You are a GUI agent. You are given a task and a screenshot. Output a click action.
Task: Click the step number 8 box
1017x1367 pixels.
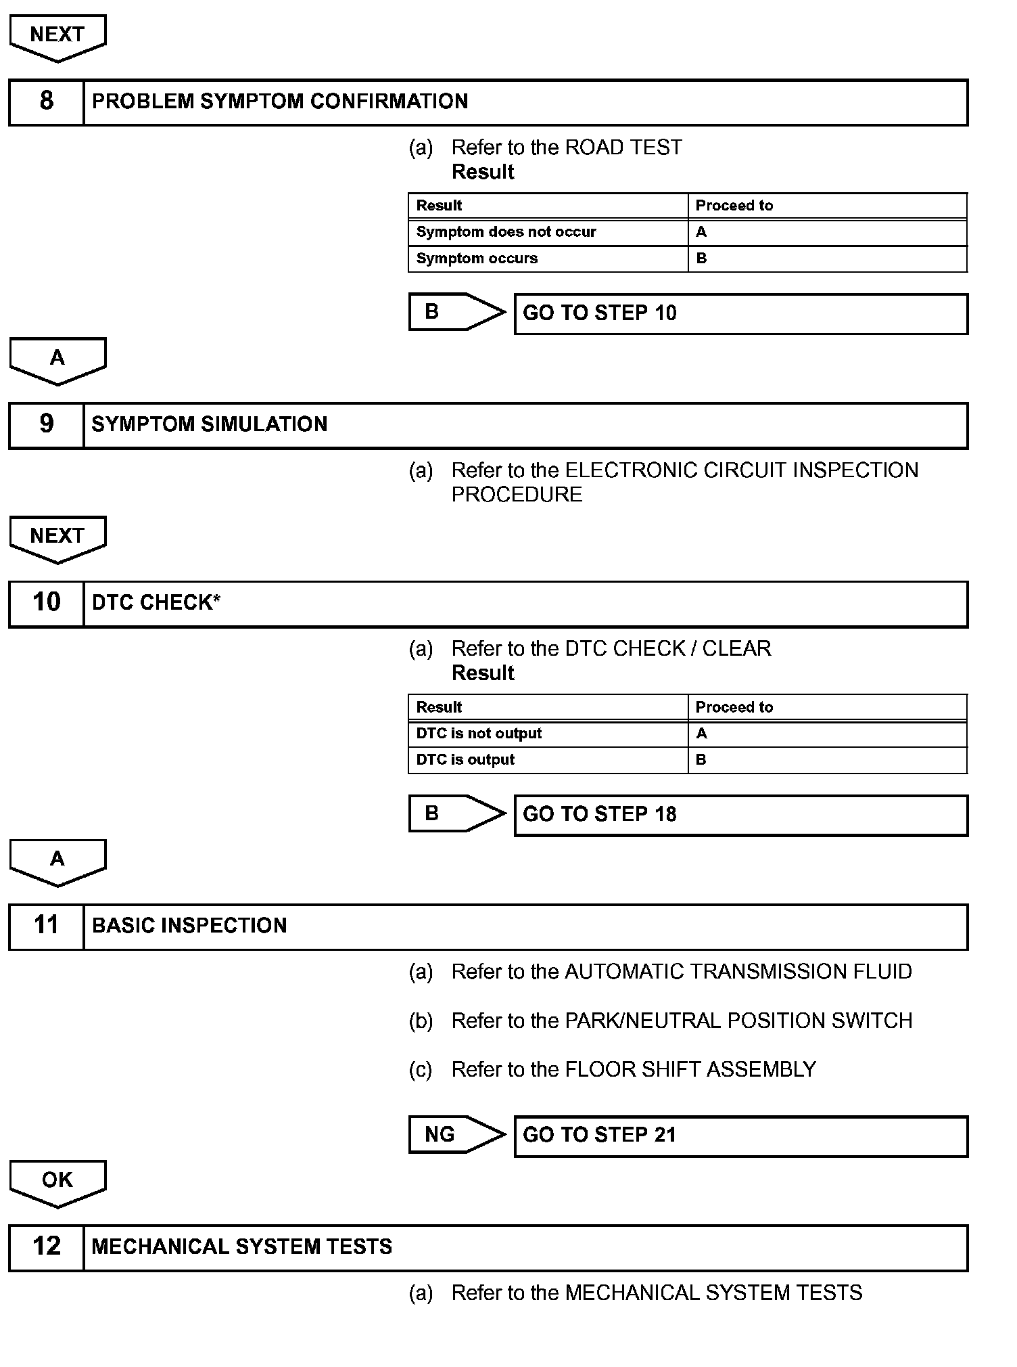pyautogui.click(x=46, y=102)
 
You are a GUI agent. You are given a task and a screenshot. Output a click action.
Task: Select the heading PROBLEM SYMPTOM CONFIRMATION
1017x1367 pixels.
pyautogui.click(x=279, y=102)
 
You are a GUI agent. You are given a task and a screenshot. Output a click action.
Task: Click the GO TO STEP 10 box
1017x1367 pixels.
pyautogui.click(x=740, y=313)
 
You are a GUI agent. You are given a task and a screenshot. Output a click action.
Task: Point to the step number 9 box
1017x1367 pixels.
pyautogui.click(x=46, y=424)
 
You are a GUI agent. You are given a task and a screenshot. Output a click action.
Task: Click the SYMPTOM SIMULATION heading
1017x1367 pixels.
pyautogui.click(x=210, y=424)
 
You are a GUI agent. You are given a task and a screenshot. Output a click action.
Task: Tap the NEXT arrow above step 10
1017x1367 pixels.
pyautogui.click(x=57, y=538)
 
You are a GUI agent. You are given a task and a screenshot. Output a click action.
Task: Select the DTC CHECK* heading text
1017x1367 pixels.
pyautogui.click(x=156, y=603)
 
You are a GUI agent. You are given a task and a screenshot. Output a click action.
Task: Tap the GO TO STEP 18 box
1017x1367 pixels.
pyautogui.click(x=740, y=815)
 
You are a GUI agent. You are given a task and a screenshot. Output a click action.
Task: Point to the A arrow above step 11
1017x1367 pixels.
pyautogui.click(x=57, y=861)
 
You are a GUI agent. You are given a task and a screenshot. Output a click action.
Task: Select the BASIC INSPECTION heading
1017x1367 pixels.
pyautogui.click(x=189, y=926)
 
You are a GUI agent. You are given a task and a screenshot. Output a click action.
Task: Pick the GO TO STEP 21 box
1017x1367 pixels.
pyautogui.click(x=740, y=1136)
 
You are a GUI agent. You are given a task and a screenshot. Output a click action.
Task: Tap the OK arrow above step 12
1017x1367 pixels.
pyautogui.click(x=57, y=1182)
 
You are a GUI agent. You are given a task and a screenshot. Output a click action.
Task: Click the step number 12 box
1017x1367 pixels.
pyautogui.click(x=46, y=1247)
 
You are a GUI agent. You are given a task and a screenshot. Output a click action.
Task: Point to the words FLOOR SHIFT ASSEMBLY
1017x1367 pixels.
pyautogui.click(x=690, y=1069)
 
